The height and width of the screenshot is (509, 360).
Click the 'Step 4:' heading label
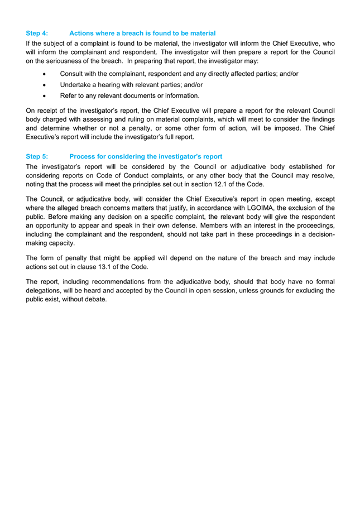point(37,33)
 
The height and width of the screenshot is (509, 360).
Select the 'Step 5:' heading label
point(37,156)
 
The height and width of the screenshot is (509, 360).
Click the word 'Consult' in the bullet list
point(72,74)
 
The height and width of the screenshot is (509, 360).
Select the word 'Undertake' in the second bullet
point(76,85)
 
